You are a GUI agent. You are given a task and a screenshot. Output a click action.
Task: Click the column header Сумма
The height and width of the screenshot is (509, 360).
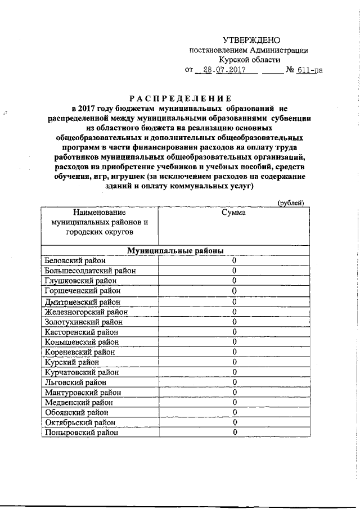(233, 213)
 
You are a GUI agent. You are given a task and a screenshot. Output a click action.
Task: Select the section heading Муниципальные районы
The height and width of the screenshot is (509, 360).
(175, 250)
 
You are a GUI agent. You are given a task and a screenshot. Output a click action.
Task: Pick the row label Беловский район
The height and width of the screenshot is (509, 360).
(73, 260)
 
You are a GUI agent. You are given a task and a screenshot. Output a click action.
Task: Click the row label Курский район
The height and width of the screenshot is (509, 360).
(67, 362)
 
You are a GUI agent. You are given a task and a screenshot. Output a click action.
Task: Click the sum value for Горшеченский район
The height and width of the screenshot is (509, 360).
(233, 291)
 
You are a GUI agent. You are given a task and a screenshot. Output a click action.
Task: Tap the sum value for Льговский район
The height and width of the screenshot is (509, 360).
(233, 382)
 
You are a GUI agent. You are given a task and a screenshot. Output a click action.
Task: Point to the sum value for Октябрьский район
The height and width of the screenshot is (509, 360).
(233, 422)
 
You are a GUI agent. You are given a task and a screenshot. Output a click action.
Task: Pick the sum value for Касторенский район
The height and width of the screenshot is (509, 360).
(233, 332)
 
